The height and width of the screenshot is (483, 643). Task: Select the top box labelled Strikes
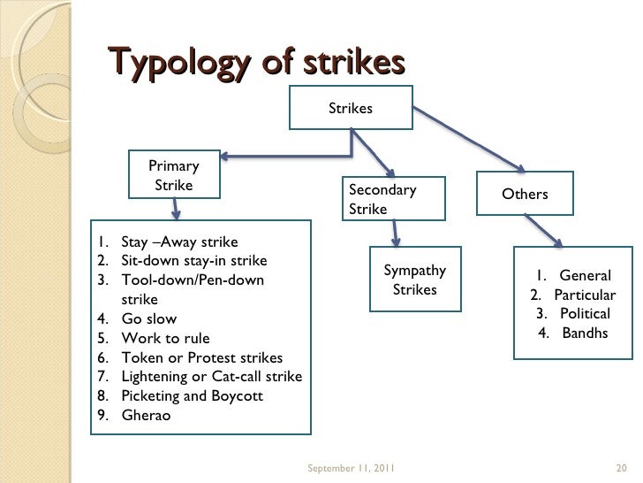pos(351,109)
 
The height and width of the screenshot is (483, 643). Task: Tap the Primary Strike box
pos(174,175)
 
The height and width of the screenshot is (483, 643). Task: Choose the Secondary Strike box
pos(395,199)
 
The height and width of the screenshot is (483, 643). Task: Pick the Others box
pos(525,194)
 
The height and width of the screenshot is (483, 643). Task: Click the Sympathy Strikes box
pos(414,280)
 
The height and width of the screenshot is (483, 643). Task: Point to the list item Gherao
pos(146,415)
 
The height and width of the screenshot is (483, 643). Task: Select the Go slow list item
pos(148,318)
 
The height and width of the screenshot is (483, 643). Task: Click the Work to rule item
pos(165,338)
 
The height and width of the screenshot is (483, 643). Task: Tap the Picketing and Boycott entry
pos(191,395)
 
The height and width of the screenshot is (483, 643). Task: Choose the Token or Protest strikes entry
pos(201,357)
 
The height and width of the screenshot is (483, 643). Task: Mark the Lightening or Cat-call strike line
pos(211,377)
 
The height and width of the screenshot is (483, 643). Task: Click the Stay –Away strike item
pos(178,241)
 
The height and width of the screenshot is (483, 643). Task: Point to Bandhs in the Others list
pos(584,333)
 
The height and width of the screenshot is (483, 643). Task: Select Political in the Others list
pos(584,314)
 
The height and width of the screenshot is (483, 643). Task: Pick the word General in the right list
pos(585,275)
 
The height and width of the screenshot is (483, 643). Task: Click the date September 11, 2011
pos(351,467)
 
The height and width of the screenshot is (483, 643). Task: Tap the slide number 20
pos(619,467)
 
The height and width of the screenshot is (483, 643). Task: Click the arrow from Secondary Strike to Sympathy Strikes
pos(396,233)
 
